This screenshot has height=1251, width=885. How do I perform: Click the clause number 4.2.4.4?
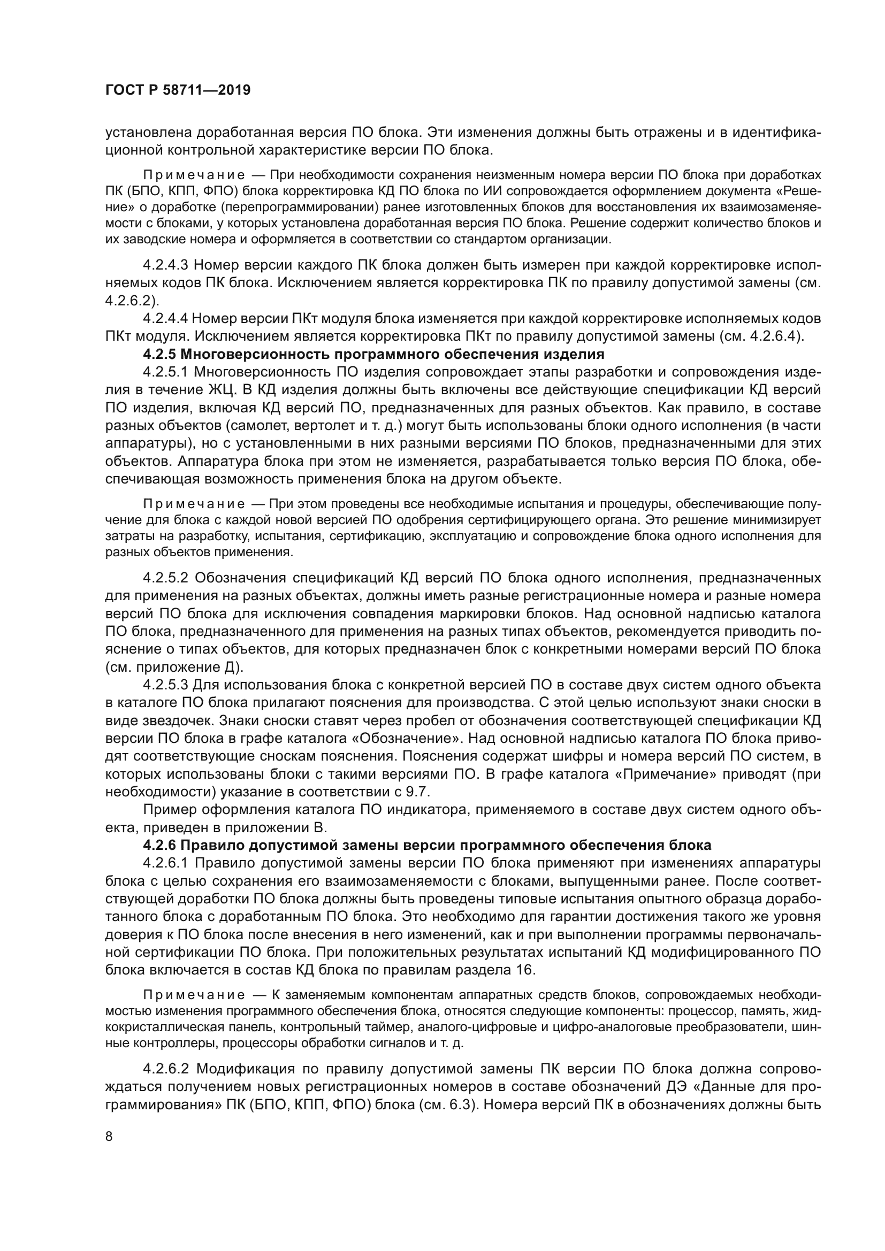tap(165, 318)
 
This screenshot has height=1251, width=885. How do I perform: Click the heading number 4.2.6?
tap(159, 846)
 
